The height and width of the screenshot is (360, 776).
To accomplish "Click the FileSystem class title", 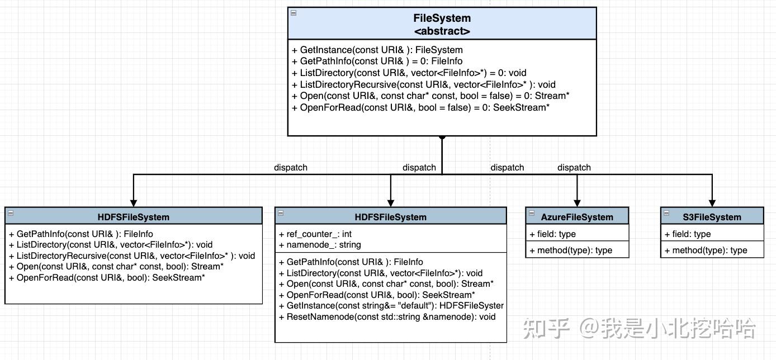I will [442, 18].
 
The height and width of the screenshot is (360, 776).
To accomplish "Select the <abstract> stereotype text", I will [442, 31].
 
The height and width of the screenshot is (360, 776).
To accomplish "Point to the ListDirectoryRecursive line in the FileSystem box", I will [423, 84].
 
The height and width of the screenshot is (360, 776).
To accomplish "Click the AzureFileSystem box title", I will [577, 217].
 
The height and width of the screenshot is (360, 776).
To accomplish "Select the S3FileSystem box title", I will [712, 217].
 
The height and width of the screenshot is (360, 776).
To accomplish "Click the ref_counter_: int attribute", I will [315, 234].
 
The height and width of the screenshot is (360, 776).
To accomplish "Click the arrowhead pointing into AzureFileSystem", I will [577, 203].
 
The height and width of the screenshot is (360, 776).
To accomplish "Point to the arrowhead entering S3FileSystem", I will [712, 203].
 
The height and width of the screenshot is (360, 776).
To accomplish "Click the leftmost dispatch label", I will [290, 167].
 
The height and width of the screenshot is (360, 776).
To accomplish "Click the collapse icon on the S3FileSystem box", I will [666, 213].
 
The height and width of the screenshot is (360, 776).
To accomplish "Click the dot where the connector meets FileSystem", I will [442, 136].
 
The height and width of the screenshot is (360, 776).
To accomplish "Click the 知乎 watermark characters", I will [546, 328].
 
